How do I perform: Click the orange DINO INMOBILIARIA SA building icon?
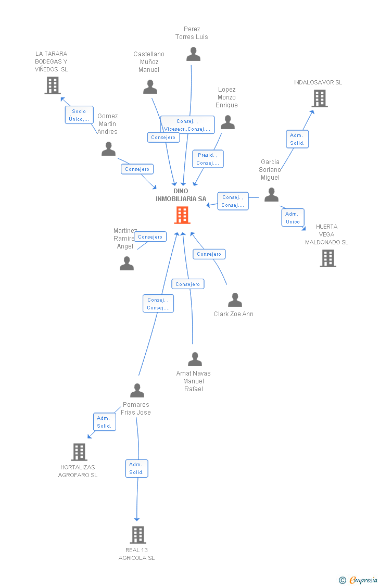coord(182,215)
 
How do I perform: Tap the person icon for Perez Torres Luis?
coord(193,54)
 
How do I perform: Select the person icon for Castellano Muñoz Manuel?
coord(150,87)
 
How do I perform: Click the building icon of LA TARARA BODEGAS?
coord(53,85)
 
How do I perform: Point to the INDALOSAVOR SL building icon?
coord(319,98)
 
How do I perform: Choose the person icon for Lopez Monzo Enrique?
coord(228,122)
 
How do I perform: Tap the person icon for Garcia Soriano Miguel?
coord(271,195)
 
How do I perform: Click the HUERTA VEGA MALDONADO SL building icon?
coord(327,258)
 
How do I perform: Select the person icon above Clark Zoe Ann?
coord(235,300)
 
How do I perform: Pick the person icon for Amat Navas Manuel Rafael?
coord(195,359)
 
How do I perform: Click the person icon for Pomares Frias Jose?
coord(137,391)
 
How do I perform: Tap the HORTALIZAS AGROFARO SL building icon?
coord(79,452)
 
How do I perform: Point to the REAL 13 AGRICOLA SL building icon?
coord(137,534)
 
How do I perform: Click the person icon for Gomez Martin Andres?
coord(108,149)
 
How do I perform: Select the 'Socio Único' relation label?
coord(79,115)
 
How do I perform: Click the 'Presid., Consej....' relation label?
coord(208,159)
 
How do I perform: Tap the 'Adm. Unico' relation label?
coord(293,218)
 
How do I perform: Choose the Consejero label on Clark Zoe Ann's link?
coord(209,254)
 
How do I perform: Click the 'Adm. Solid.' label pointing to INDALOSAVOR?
coord(297,139)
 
